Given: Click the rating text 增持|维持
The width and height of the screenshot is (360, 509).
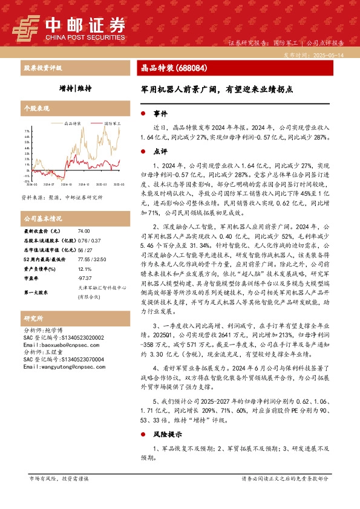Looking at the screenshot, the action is coord(76,88).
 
